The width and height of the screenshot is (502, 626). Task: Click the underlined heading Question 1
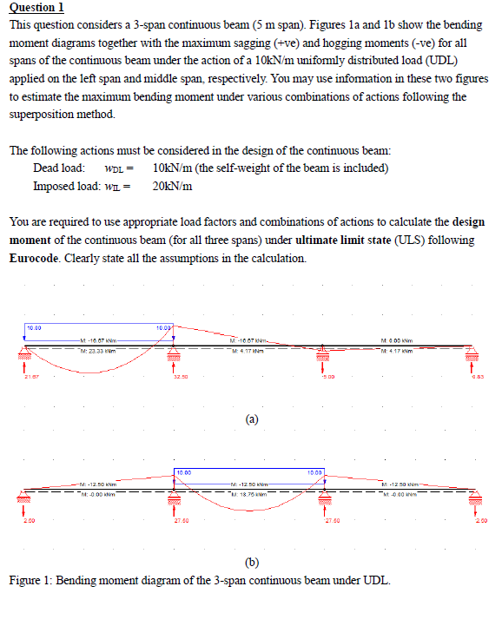tap(36, 8)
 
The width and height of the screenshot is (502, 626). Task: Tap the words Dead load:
tap(58, 168)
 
